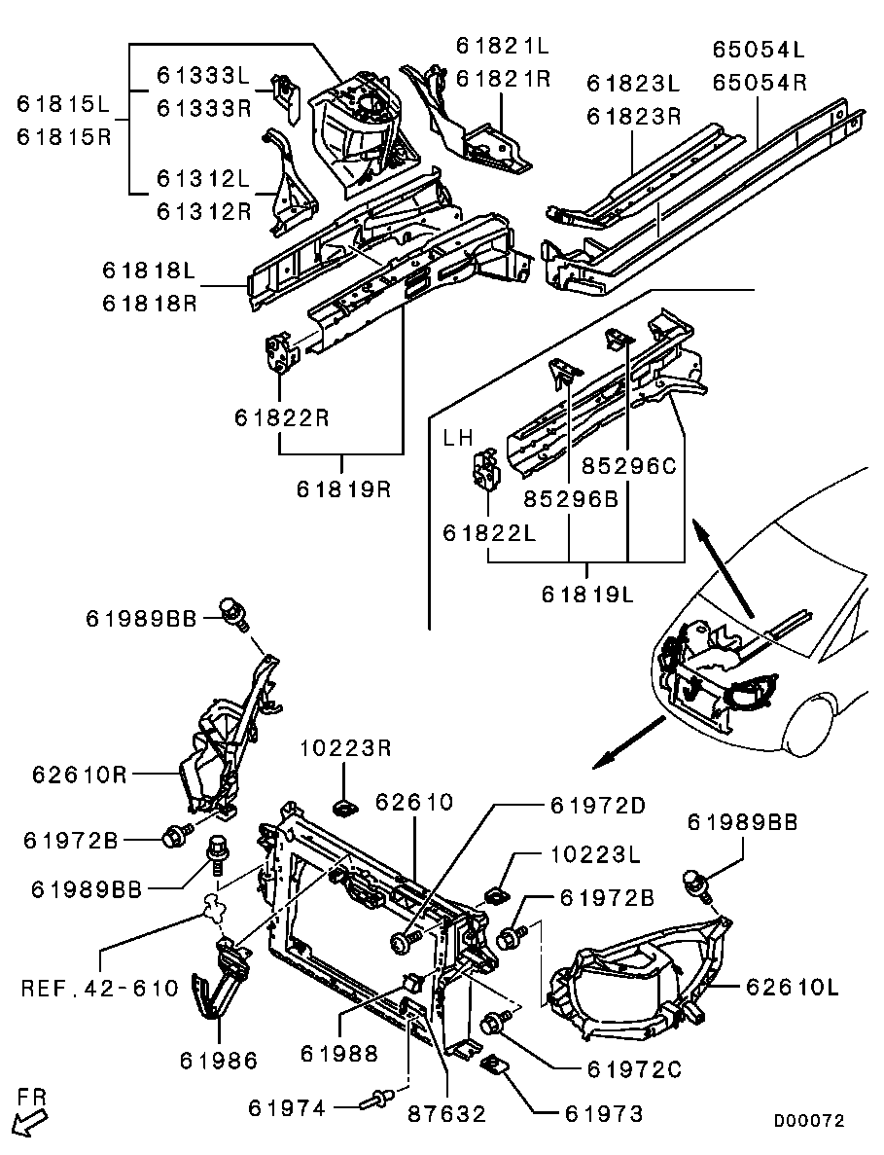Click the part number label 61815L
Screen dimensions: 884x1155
coord(62,104)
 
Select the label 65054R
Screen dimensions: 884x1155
coord(759,82)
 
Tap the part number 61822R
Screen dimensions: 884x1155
coord(282,417)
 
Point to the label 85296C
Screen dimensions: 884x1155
coord(628,465)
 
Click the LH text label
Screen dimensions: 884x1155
coord(458,438)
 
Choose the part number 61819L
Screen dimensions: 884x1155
coord(587,593)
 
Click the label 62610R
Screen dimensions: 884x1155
coord(80,775)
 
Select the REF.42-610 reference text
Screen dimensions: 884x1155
coord(99,988)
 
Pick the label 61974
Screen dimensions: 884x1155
coord(286,1108)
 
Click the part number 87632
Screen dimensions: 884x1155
coord(446,1113)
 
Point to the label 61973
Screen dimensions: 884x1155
coord(604,1113)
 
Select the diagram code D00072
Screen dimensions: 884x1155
coord(809,1121)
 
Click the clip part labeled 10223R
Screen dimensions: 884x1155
coord(343,809)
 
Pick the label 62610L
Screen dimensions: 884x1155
coord(792,987)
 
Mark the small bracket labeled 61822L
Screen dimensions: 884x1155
coord(485,469)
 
